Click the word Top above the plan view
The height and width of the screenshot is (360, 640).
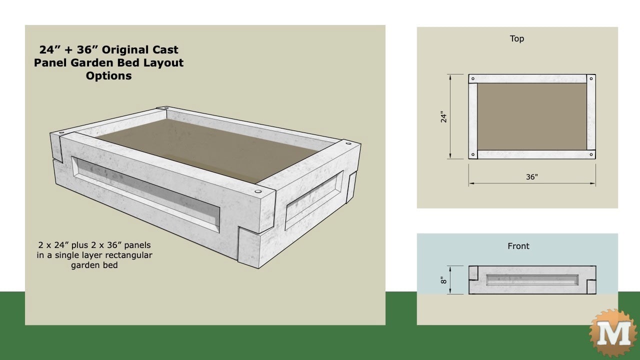point(517,38)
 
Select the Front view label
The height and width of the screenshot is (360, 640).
point(518,246)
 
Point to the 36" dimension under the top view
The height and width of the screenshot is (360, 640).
point(532,177)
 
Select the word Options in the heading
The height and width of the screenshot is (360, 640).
point(108,76)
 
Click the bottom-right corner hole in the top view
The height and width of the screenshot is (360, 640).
point(591,154)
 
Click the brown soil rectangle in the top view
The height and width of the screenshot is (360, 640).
point(532,116)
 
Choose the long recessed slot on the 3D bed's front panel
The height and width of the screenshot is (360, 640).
point(145,192)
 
